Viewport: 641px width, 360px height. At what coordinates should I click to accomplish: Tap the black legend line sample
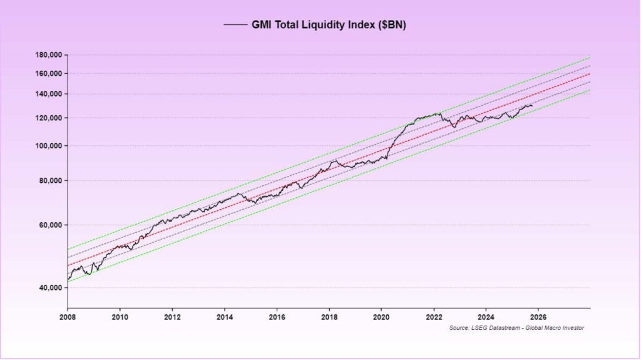pos(235,25)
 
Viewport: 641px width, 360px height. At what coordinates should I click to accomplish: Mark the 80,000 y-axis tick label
pos(50,180)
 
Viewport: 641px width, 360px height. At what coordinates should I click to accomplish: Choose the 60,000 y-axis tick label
pos(50,225)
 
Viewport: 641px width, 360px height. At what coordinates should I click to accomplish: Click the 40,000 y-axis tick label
pos(50,288)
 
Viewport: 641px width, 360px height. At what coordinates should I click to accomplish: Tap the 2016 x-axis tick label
pos(277,316)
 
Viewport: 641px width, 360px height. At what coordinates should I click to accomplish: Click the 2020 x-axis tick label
pos(382,316)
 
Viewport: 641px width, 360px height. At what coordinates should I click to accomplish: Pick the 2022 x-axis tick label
pos(434,316)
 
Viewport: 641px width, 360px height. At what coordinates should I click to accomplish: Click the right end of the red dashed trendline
pos(589,74)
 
